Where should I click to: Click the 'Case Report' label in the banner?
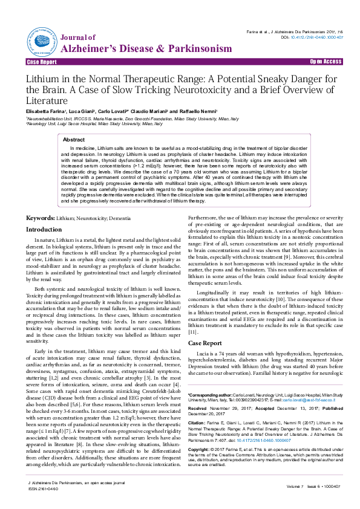point(42,62)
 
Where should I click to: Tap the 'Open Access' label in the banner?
point(326,62)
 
